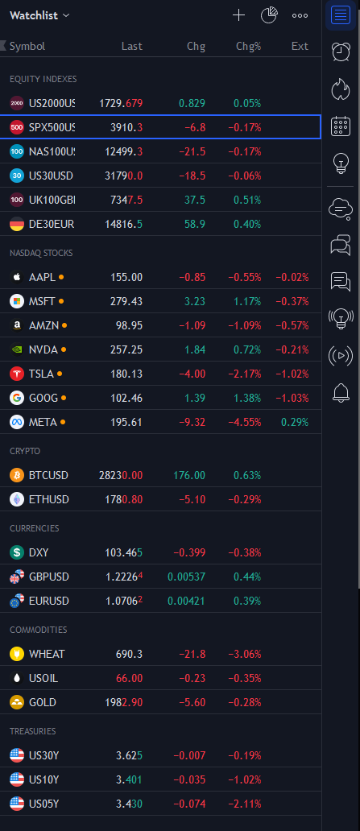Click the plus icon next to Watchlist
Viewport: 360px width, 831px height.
238,15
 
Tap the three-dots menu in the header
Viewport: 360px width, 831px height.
300,15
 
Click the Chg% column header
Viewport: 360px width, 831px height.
249,46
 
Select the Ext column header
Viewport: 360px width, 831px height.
300,46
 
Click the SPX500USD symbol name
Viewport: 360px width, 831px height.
52,127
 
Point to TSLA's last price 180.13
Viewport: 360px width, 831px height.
126,374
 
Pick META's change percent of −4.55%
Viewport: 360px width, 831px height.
244,423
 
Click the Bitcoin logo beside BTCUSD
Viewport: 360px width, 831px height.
17,475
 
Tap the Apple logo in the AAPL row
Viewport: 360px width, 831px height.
17,277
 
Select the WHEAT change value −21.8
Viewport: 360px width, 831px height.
192,654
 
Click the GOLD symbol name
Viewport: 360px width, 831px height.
43,702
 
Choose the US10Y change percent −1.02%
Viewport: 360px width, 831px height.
244,779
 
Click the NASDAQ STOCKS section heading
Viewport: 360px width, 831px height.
41,253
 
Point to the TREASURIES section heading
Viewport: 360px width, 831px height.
33,731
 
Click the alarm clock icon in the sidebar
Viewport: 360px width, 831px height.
341,51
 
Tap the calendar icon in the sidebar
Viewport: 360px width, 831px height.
341,126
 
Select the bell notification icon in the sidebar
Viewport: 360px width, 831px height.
341,392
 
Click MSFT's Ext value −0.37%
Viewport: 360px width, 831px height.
292,301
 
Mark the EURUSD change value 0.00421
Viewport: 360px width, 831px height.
186,601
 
